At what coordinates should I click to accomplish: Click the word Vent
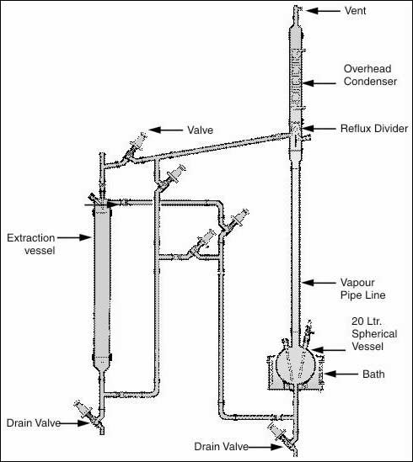pyautogui.click(x=355, y=11)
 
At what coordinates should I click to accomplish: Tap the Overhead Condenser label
pyautogui.click(x=370, y=75)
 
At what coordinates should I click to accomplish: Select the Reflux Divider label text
pyautogui.click(x=374, y=129)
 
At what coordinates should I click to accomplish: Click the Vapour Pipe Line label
pyautogui.click(x=362, y=289)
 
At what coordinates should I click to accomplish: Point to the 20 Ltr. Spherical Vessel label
pyautogui.click(x=374, y=333)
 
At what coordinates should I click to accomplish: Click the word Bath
pyautogui.click(x=373, y=374)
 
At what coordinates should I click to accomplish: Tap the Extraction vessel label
pyautogui.click(x=31, y=244)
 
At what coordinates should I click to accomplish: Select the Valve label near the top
pyautogui.click(x=200, y=130)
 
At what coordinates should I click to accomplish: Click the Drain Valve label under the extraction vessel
pyautogui.click(x=34, y=422)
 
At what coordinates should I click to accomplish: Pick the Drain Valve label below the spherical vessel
pyautogui.click(x=221, y=446)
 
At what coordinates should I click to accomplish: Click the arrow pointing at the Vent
pyautogui.click(x=323, y=11)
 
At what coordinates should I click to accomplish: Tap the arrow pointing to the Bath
pyautogui.click(x=341, y=374)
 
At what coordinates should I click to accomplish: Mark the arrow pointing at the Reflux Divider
pyautogui.click(x=319, y=129)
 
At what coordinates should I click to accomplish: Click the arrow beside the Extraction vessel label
pyautogui.click(x=74, y=237)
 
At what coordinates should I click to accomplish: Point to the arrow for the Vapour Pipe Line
pyautogui.click(x=319, y=283)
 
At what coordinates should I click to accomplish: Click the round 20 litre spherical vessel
pyautogui.click(x=295, y=366)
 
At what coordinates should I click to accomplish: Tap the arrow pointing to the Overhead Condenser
pyautogui.click(x=319, y=83)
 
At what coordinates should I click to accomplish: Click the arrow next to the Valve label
pyautogui.click(x=165, y=130)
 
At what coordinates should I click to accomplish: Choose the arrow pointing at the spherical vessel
pyautogui.click(x=328, y=350)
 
